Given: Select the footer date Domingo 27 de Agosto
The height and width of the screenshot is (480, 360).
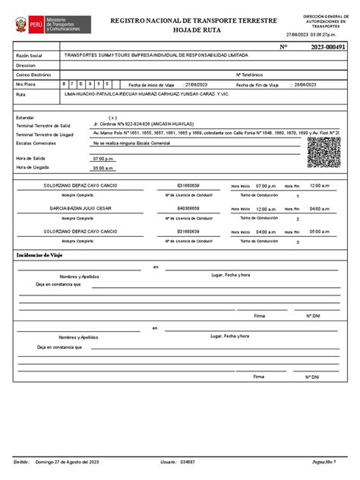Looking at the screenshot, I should pos(68,462).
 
